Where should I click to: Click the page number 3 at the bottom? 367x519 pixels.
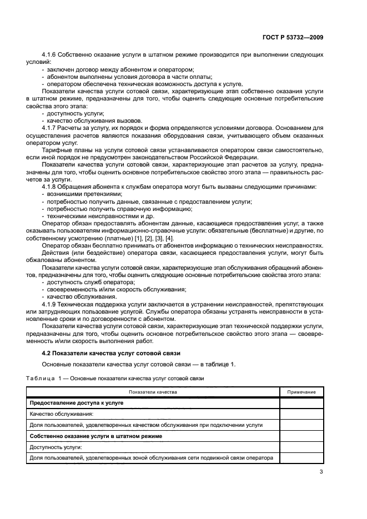pos(321,472)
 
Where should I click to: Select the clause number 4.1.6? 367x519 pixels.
pos(51,55)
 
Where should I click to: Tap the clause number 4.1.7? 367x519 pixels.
pos(51,128)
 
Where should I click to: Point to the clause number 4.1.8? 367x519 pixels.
pos(51,186)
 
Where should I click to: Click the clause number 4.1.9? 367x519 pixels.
pos(51,304)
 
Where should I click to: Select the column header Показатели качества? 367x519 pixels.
pos(153,392)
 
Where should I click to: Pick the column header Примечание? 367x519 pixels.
pos(301,392)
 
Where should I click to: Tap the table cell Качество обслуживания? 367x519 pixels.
pos(61,414)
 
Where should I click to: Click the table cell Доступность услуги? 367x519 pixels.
pos(56,447)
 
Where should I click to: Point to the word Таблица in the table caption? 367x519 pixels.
pos(38,378)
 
